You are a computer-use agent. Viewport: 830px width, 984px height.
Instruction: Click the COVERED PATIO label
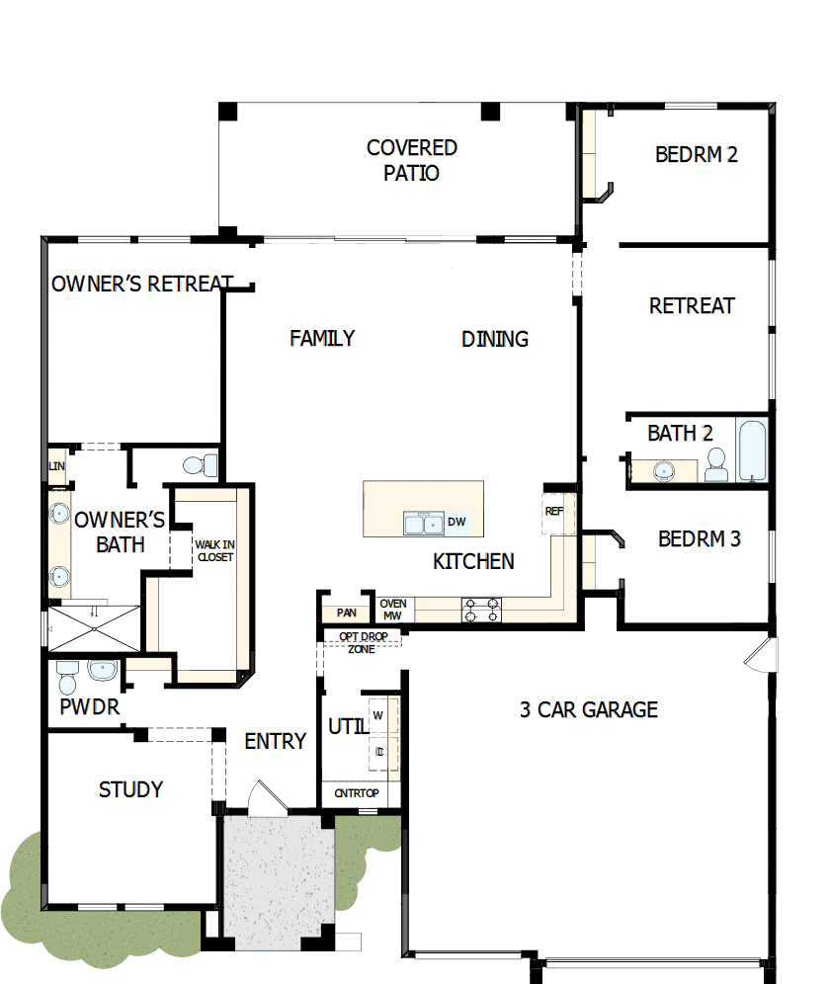pos(412,160)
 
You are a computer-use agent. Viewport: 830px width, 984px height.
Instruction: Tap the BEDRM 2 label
pos(697,154)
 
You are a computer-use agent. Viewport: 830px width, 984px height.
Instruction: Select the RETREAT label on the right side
pos(692,305)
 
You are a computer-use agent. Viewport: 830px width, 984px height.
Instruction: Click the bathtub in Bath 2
pos(752,451)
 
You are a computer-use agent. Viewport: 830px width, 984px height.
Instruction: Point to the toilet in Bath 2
pos(716,465)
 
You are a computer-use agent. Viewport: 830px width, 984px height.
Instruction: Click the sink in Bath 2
pos(664,470)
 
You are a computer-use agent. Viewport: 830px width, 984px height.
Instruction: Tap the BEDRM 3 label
pos(700,539)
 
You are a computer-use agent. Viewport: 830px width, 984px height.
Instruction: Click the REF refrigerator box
pos(554,512)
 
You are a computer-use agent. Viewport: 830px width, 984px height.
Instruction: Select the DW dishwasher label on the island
pos(456,522)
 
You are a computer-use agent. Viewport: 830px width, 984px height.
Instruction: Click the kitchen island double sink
pos(424,522)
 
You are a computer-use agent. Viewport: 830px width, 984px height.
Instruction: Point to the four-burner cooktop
pos(481,610)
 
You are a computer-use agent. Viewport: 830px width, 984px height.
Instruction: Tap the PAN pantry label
pos(346,614)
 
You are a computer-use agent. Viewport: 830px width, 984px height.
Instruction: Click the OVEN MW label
pos(393,610)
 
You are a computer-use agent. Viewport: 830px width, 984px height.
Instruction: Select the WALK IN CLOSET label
pos(214,550)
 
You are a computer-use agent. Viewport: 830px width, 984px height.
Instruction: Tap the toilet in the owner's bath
pos(202,463)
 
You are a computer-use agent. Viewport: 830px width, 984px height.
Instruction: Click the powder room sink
pos(102,671)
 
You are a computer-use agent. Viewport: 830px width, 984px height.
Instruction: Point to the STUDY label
pos(130,789)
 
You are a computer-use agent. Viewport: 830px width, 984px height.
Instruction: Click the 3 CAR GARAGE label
pos(589,709)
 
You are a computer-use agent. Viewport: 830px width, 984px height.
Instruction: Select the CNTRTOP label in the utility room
pos(356,792)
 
